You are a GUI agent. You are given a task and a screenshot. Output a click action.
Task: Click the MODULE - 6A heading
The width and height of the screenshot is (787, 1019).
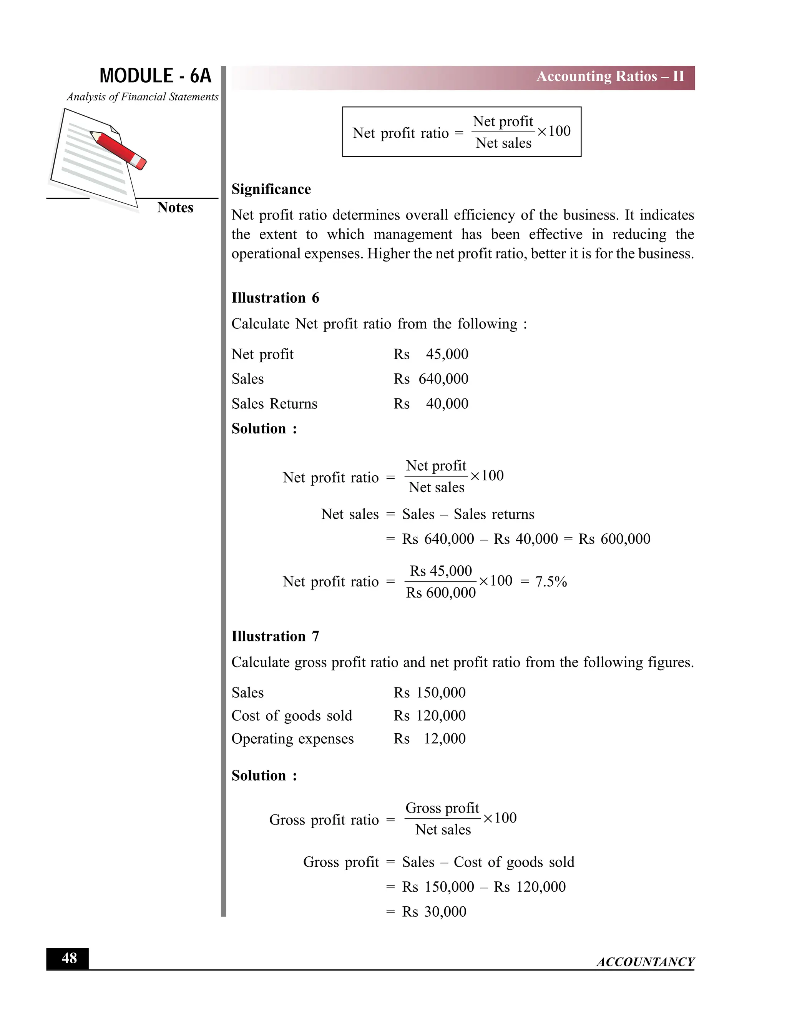coord(155,76)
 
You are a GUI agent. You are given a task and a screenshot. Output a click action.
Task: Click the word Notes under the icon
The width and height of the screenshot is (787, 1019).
coord(175,207)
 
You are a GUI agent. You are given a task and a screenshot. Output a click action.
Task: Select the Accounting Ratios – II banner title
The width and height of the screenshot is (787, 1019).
coord(610,77)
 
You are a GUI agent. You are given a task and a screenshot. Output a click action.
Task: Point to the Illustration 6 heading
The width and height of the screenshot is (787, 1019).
coord(275,298)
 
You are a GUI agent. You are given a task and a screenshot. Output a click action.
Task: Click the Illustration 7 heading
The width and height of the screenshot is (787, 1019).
coord(275,636)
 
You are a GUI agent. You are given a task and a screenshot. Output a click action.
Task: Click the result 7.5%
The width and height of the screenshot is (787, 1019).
coord(551,581)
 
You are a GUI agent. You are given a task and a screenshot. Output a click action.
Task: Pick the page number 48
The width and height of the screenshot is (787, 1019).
coord(69,958)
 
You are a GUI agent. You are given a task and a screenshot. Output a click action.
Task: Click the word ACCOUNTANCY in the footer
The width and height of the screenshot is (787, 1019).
coord(645,962)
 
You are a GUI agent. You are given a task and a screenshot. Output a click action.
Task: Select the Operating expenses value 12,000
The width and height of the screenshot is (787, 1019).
coord(444,739)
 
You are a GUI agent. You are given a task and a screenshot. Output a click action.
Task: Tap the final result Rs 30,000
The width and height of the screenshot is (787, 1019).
coord(434,911)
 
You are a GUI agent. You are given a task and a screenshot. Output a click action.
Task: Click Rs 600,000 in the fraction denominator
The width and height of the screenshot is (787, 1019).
coord(441,593)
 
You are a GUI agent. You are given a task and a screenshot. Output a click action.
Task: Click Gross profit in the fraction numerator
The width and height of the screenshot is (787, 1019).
coord(442,808)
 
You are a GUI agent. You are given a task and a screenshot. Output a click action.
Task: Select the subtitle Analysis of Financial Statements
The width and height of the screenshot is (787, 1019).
coord(142,97)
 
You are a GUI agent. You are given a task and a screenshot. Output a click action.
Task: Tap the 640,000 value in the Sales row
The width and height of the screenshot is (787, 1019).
coord(443,379)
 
